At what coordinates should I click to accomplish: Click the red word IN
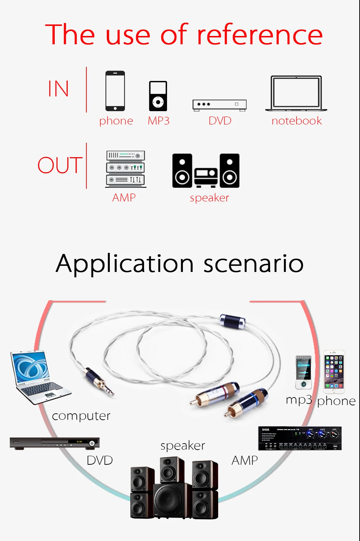coord(58,89)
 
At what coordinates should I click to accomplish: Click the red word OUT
coord(60,165)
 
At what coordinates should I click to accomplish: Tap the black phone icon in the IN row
coord(115,91)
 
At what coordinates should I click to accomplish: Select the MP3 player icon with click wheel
coord(158,96)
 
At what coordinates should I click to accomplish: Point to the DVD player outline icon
coord(220,105)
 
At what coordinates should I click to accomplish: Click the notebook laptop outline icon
coord(296,93)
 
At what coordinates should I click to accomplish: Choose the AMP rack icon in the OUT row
coord(125,169)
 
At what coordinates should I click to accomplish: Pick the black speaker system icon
coord(206,171)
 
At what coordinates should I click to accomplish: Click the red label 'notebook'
coord(297,121)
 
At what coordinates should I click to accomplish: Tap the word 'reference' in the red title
coord(260,35)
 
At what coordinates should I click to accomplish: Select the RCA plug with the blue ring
coord(248,401)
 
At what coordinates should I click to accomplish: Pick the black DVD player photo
coord(54,443)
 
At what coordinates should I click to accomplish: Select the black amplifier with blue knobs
coord(300,438)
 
